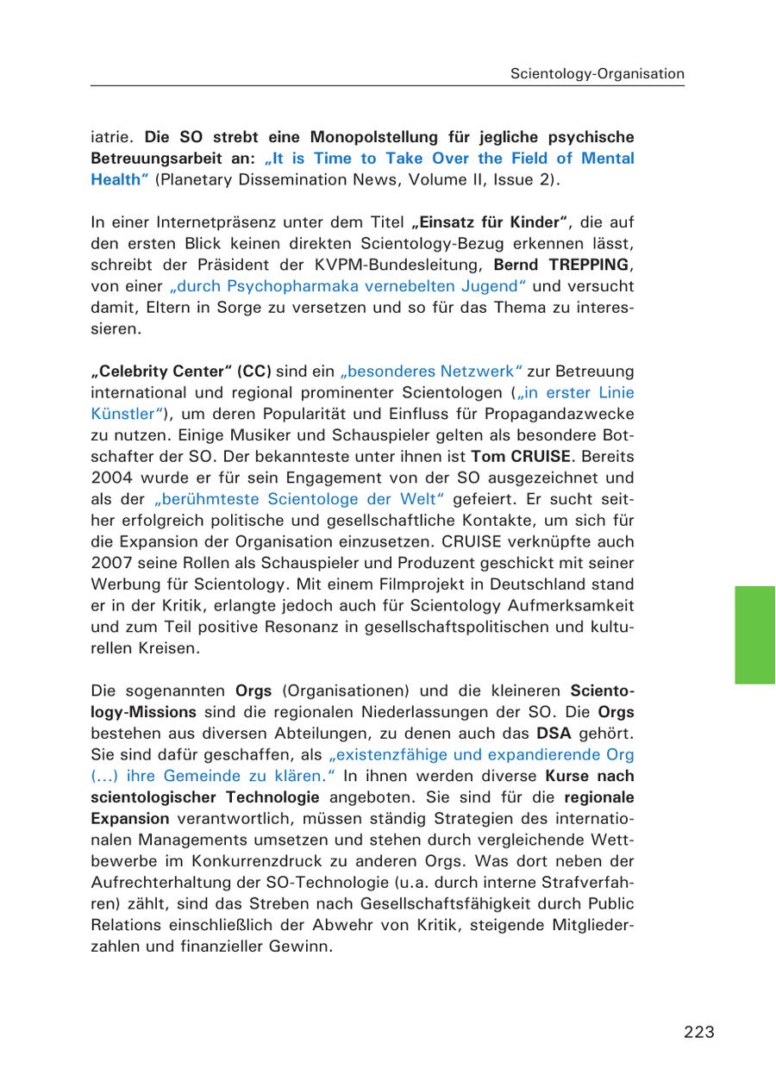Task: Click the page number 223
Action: tap(699, 1032)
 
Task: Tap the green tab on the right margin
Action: tap(754, 634)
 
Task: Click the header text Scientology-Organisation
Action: tap(597, 73)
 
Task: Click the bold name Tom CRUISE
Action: tap(521, 456)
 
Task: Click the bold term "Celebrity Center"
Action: tap(161, 372)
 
